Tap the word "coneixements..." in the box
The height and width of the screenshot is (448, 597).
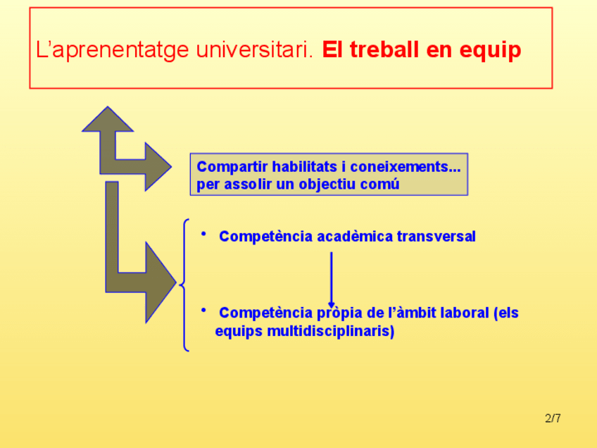click(x=405, y=166)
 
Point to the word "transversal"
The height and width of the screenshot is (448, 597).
click(x=436, y=237)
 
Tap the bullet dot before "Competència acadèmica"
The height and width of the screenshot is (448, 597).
click(x=203, y=234)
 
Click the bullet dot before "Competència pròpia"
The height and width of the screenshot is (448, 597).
click(x=203, y=311)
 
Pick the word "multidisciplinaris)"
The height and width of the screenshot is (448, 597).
click(x=330, y=330)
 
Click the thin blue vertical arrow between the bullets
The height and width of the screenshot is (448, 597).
click(x=332, y=280)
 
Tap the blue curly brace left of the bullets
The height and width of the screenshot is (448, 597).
click(x=184, y=285)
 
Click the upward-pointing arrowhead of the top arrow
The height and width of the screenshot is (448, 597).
click(x=108, y=119)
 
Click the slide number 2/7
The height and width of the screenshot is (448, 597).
click(x=553, y=418)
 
